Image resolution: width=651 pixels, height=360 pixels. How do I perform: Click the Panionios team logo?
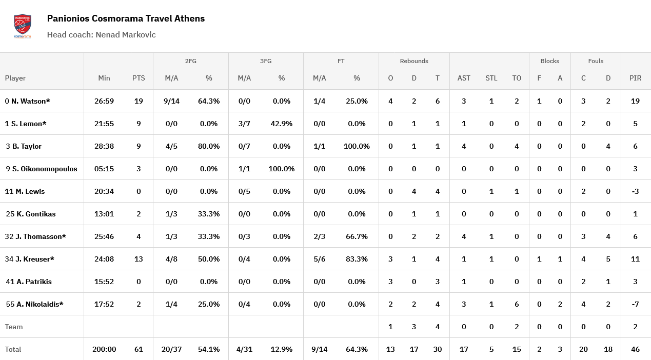[23, 27]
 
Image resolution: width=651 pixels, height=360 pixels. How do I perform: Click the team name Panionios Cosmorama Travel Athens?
[126, 18]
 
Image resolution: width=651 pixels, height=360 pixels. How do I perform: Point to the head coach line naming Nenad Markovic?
[101, 35]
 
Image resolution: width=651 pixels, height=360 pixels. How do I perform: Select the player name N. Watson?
[30, 101]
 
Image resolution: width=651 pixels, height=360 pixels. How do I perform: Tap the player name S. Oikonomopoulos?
[45, 169]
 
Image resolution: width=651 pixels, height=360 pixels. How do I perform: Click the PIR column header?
[635, 78]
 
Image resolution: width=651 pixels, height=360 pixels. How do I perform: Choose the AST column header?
[464, 78]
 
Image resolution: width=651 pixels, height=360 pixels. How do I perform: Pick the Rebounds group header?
[414, 61]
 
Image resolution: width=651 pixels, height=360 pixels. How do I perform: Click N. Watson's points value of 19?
[139, 101]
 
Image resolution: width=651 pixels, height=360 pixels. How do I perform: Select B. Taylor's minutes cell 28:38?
[104, 146]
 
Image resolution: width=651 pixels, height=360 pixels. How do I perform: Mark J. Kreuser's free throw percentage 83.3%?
[357, 259]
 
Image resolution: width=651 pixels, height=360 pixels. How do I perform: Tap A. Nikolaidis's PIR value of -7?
[635, 304]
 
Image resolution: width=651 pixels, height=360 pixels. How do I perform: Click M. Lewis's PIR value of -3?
[635, 191]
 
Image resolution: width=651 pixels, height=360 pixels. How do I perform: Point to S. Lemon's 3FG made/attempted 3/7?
[244, 124]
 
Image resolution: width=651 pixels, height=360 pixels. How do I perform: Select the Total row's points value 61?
[139, 349]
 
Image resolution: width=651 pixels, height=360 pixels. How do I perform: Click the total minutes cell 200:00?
[104, 349]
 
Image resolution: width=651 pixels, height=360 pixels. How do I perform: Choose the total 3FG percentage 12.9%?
[282, 349]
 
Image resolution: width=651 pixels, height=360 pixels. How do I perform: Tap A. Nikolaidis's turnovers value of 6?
[517, 304]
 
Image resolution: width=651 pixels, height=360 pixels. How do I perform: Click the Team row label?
[14, 327]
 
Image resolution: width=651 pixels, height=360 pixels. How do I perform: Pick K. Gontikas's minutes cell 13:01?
[104, 214]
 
